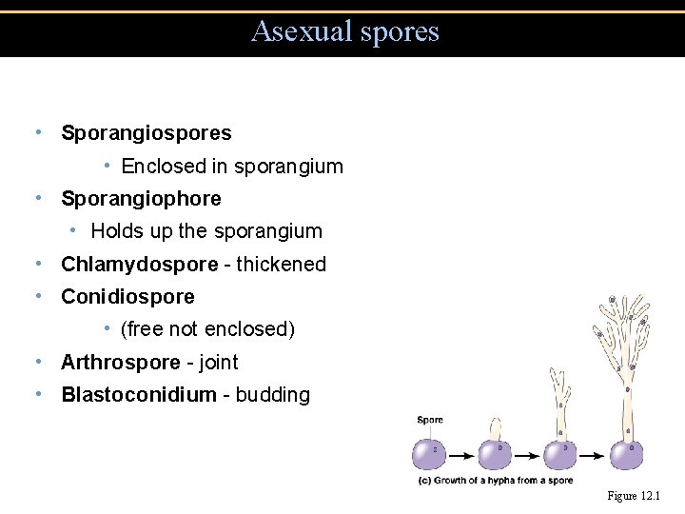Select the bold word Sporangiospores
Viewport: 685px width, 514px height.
point(146,133)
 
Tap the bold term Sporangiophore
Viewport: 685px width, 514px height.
point(141,199)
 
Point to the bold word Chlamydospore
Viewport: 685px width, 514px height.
point(139,265)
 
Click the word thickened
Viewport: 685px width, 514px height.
point(281,265)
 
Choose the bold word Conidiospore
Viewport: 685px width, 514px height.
point(127,297)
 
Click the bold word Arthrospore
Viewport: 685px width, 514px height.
point(120,363)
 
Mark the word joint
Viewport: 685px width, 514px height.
point(217,363)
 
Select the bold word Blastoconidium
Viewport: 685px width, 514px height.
point(138,395)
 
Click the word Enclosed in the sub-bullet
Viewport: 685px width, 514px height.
point(164,167)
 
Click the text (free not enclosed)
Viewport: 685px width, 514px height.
point(207,329)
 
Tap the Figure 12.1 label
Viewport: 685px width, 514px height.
point(634,497)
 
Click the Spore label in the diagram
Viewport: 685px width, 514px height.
point(430,420)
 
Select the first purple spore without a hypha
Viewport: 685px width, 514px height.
point(430,453)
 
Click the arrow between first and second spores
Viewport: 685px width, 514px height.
point(462,454)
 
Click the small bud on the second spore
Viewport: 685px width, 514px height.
point(496,428)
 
